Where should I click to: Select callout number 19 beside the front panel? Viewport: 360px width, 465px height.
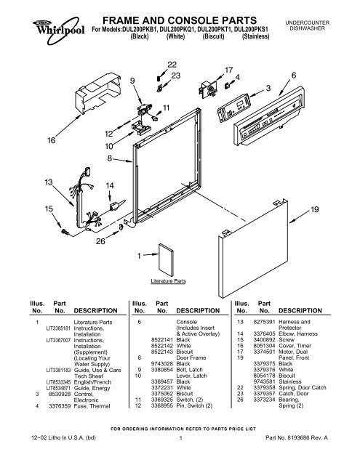[316, 209]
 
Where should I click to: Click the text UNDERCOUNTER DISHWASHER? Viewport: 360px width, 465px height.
[324, 26]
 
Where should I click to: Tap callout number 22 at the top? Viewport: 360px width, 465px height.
[172, 65]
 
